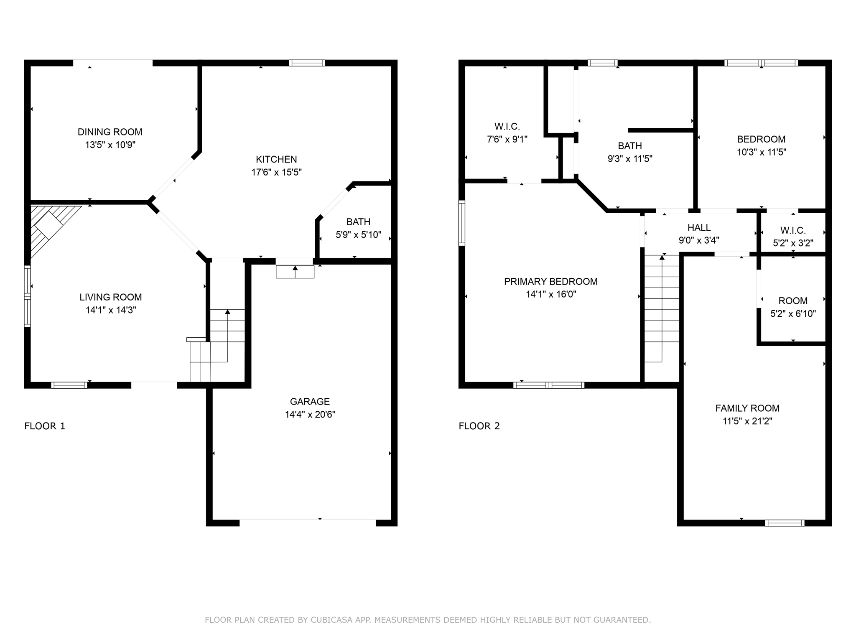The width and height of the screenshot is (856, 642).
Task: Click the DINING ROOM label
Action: [x=110, y=132]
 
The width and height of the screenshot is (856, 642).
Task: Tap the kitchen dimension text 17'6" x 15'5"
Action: [x=276, y=172]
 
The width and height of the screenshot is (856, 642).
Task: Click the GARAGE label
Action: [x=310, y=402]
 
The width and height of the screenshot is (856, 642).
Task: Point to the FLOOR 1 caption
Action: [x=45, y=426]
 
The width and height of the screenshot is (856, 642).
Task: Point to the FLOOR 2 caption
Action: [x=479, y=426]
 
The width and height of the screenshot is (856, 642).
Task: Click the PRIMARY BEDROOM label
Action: [x=550, y=282]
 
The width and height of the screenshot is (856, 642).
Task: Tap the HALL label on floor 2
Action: [x=699, y=228]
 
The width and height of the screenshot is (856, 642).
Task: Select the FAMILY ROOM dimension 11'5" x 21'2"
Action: [x=747, y=421]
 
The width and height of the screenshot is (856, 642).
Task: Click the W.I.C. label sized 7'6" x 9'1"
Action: [x=507, y=127]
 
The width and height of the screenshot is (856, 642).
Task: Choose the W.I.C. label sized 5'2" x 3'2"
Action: [x=793, y=230]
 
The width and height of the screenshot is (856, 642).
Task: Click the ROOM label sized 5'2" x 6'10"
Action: [x=793, y=301]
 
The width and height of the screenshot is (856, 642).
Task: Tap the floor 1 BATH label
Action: [x=358, y=222]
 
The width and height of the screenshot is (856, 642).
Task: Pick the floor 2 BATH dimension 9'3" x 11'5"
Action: [x=630, y=159]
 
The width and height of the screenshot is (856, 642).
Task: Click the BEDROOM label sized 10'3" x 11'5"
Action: [x=761, y=139]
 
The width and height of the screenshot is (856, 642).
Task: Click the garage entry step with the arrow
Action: [x=295, y=272]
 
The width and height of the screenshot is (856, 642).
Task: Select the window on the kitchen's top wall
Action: [x=307, y=63]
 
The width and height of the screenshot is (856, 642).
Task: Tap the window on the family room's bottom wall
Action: [x=785, y=523]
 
